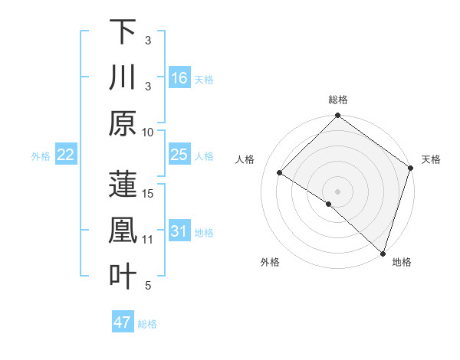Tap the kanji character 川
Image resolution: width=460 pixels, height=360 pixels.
point(123,78)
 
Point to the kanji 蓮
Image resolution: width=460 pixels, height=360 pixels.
point(123,185)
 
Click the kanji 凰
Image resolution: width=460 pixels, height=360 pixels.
point(123,231)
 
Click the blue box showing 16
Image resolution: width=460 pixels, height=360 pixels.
point(179,78)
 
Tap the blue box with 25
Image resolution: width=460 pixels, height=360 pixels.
point(179,155)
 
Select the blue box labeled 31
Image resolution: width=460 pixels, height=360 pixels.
point(179,231)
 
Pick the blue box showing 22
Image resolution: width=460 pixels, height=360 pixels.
point(66,155)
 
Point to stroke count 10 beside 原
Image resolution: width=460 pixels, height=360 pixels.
point(149,132)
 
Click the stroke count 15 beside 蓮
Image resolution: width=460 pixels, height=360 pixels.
point(149,193)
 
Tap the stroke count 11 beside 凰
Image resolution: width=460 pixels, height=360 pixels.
point(149,240)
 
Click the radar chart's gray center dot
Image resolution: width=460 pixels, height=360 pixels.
point(337,191)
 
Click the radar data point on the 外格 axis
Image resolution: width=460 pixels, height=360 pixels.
point(328,204)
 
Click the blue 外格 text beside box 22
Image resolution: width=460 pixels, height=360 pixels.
point(41,155)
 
